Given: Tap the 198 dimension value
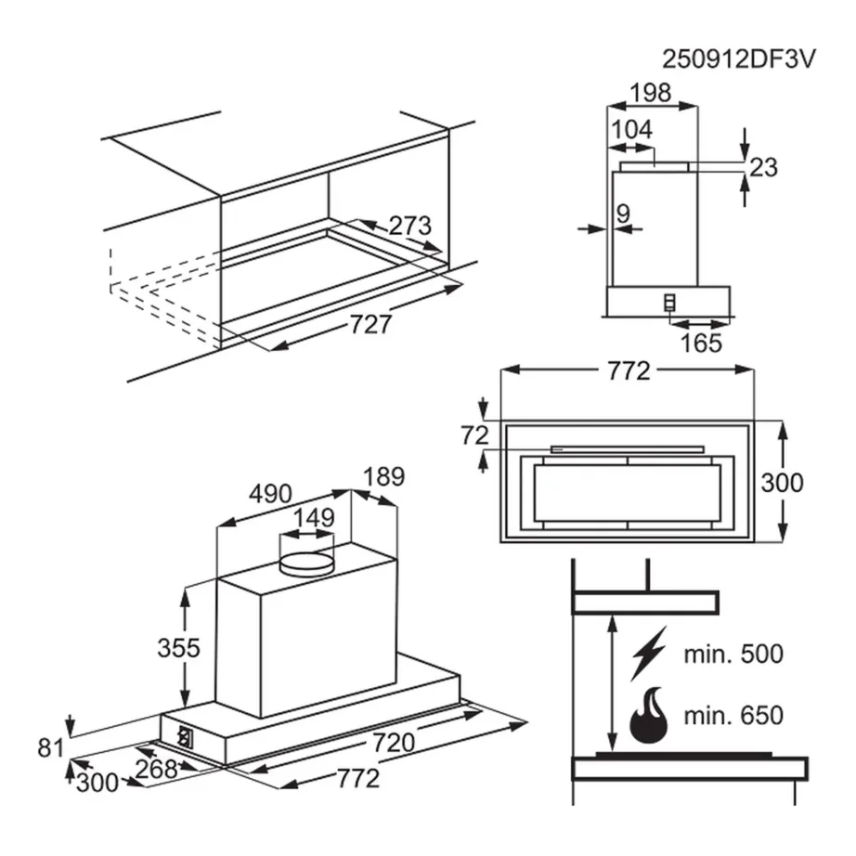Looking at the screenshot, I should (x=651, y=93).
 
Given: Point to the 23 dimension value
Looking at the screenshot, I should (x=763, y=167).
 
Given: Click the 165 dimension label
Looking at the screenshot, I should (x=701, y=343).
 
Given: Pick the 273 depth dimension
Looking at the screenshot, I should (x=409, y=226).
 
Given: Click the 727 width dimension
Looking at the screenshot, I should (x=370, y=325).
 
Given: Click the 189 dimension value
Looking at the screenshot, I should (x=383, y=477).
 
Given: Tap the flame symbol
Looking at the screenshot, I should (x=649, y=714).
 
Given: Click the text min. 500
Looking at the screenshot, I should (x=733, y=654).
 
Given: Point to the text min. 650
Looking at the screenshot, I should (x=733, y=715).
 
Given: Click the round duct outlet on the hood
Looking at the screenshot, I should (x=307, y=562).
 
